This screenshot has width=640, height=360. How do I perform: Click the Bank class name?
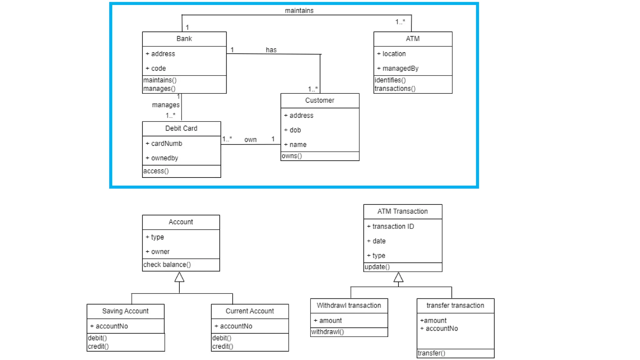(x=184, y=39)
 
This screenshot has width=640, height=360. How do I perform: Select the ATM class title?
(x=412, y=39)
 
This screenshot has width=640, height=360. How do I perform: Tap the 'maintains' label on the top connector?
(x=299, y=11)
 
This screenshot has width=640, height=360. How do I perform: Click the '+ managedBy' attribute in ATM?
(x=397, y=68)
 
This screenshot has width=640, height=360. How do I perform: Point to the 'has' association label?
(x=271, y=50)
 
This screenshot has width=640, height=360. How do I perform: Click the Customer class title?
(x=320, y=100)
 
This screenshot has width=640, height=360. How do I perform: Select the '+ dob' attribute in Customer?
(x=292, y=130)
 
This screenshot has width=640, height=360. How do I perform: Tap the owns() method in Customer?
(x=292, y=156)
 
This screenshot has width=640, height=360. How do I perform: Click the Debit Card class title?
(x=181, y=128)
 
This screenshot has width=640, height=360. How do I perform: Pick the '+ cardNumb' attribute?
(x=164, y=143)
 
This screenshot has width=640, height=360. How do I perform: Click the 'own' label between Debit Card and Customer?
(x=250, y=140)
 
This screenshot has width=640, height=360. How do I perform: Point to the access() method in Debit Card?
(x=156, y=171)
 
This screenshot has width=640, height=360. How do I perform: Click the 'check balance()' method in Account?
(x=167, y=265)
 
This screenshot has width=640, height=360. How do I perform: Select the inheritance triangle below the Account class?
(x=179, y=277)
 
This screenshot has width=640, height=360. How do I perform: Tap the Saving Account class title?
(x=125, y=311)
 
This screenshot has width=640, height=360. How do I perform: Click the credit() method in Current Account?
(x=223, y=347)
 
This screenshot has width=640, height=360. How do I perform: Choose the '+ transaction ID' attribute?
(x=391, y=227)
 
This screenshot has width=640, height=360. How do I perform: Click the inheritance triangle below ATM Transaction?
(x=398, y=277)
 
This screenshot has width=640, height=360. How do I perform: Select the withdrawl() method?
(x=327, y=332)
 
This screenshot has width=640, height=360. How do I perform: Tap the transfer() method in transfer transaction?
(x=431, y=353)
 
